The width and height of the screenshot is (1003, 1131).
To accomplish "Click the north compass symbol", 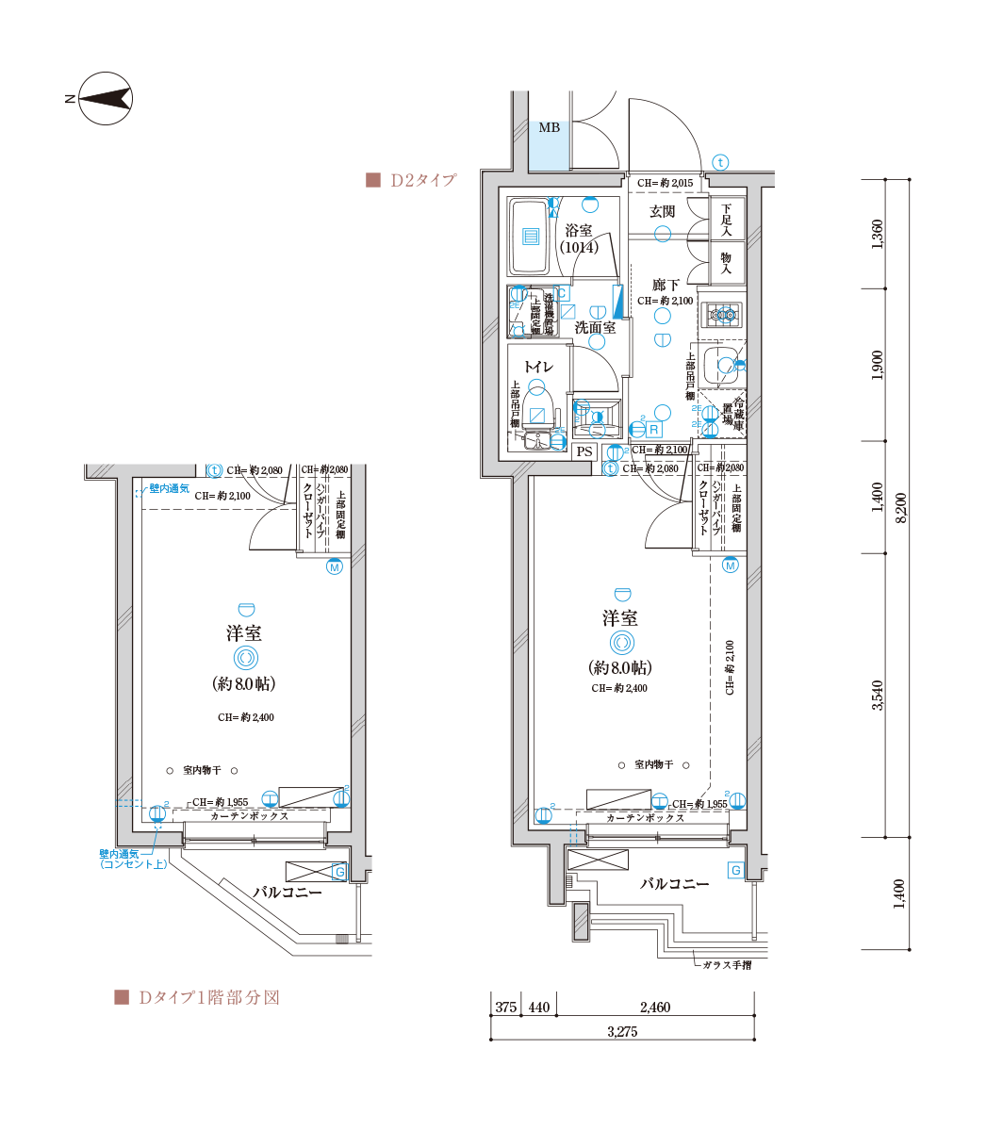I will tap(106, 98).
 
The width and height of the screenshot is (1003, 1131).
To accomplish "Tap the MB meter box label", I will tap(549, 127).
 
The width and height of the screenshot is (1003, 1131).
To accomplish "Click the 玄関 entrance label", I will tap(662, 211).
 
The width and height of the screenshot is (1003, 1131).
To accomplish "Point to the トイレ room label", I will tap(538, 366).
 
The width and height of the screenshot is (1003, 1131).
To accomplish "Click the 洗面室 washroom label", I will tap(595, 327).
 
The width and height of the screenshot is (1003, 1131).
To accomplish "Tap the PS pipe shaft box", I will tap(584, 451).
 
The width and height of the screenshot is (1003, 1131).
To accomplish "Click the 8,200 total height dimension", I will tap(901, 509).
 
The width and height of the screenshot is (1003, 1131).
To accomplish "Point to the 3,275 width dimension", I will tap(622, 1032).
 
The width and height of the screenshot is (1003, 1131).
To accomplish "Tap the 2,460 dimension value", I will tap(654, 1008).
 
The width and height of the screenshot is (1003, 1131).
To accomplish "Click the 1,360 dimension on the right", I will tap(877, 234).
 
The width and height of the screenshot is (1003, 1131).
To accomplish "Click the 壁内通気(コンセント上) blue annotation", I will tap(132, 859).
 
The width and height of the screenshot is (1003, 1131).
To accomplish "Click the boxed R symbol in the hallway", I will tap(653, 430).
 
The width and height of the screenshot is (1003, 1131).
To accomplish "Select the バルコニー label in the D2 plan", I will tap(674, 883).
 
